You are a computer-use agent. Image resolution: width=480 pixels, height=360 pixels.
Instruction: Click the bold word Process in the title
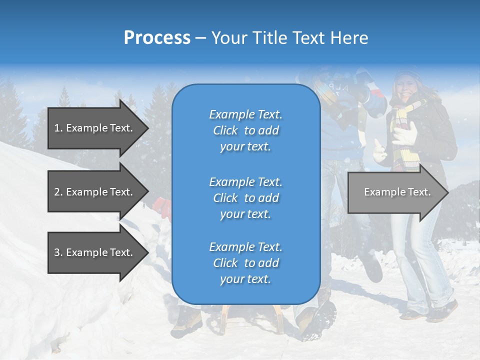(157, 38)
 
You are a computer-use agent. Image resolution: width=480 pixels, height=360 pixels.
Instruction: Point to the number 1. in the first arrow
(58, 128)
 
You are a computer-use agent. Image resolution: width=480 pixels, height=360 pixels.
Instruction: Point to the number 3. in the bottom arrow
(58, 252)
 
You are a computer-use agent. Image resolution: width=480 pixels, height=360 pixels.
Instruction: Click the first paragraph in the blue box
(245, 130)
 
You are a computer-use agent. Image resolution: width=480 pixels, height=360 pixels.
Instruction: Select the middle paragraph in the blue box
(245, 198)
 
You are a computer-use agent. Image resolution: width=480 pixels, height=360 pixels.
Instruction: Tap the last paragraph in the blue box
(245, 263)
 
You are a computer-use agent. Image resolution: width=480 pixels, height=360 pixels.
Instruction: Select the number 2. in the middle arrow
(58, 192)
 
